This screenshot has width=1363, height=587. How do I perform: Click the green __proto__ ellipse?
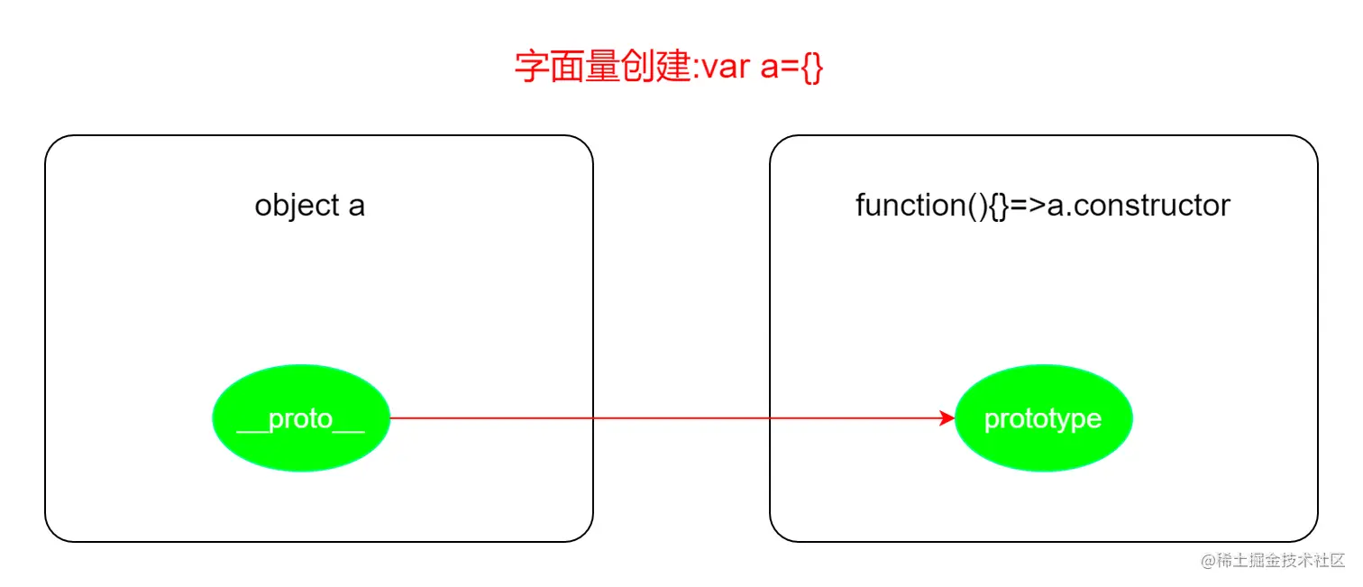point(300,418)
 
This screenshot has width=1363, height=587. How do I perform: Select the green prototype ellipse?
point(1042,418)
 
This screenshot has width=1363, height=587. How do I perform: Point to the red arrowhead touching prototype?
point(947,418)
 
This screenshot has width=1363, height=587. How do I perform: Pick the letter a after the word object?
point(357,206)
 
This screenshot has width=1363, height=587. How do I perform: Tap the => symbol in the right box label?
point(1027,206)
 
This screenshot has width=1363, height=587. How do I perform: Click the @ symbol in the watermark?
point(1208,561)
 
